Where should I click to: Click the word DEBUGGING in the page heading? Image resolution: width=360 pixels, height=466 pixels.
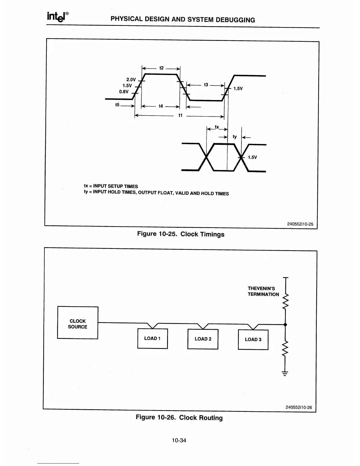pyautogui.click(x=235, y=20)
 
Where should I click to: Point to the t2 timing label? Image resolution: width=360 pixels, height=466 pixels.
pyautogui.click(x=161, y=68)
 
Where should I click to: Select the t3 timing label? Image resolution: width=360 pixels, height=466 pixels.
pyautogui.click(x=206, y=85)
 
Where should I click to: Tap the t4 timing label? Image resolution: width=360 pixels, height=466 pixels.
pyautogui.click(x=161, y=106)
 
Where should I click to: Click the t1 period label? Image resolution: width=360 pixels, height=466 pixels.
pyautogui.click(x=180, y=116)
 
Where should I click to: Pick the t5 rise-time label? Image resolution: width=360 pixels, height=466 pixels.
pyautogui.click(x=117, y=105)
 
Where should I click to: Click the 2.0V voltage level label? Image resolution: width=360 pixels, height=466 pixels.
pyautogui.click(x=131, y=80)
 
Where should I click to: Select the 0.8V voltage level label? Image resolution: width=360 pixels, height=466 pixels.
pyautogui.click(x=124, y=91)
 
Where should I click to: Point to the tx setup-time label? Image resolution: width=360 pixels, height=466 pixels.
pyautogui.click(x=217, y=127)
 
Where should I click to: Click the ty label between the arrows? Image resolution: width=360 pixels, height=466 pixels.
pyautogui.click(x=235, y=137)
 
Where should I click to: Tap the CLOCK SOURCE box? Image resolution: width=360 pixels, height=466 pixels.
pyautogui.click(x=78, y=323)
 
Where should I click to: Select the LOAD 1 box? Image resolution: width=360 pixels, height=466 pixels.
pyautogui.click(x=152, y=338)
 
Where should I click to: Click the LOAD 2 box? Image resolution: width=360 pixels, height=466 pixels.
pyautogui.click(x=203, y=339)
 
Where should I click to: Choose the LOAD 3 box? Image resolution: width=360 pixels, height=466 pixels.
pyautogui.click(x=253, y=339)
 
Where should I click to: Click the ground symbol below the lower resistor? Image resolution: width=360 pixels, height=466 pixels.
pyautogui.click(x=285, y=374)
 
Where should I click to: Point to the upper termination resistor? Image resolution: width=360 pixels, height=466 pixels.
pyautogui.click(x=285, y=301)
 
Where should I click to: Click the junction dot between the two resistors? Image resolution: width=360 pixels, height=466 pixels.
pyautogui.click(x=285, y=324)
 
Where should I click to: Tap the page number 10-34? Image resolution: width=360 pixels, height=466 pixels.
pyautogui.click(x=179, y=440)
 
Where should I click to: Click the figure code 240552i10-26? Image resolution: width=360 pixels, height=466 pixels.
pyautogui.click(x=299, y=407)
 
